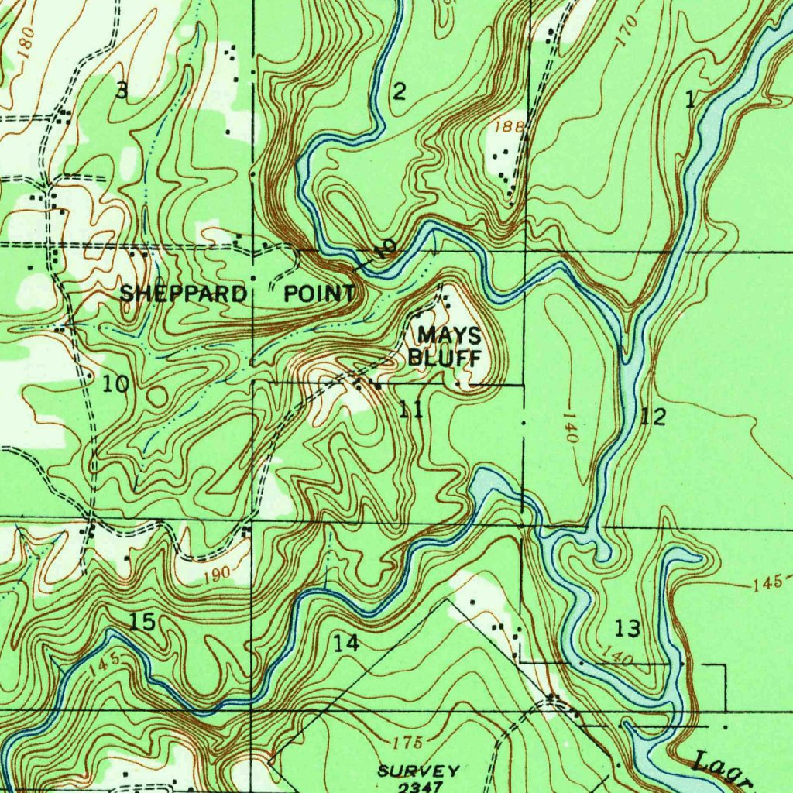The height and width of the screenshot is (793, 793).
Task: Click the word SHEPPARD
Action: [x=183, y=294]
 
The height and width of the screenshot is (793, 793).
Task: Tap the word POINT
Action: [x=319, y=294]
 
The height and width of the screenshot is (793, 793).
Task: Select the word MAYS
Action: [x=449, y=335]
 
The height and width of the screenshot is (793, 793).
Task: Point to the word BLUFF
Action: [x=445, y=358]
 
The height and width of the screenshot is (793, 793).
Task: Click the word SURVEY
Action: [x=419, y=771]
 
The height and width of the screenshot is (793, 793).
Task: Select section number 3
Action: [x=121, y=91]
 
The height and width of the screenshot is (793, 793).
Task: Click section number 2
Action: [x=398, y=92]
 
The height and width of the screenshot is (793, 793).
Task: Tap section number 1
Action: [x=690, y=99]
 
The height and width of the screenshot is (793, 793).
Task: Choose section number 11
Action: [x=410, y=410]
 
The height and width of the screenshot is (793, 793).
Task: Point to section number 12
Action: [x=654, y=417]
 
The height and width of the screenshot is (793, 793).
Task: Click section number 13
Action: [x=628, y=628]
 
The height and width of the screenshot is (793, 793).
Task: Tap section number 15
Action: [x=143, y=622]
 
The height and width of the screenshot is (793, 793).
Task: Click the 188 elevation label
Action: [x=513, y=125]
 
